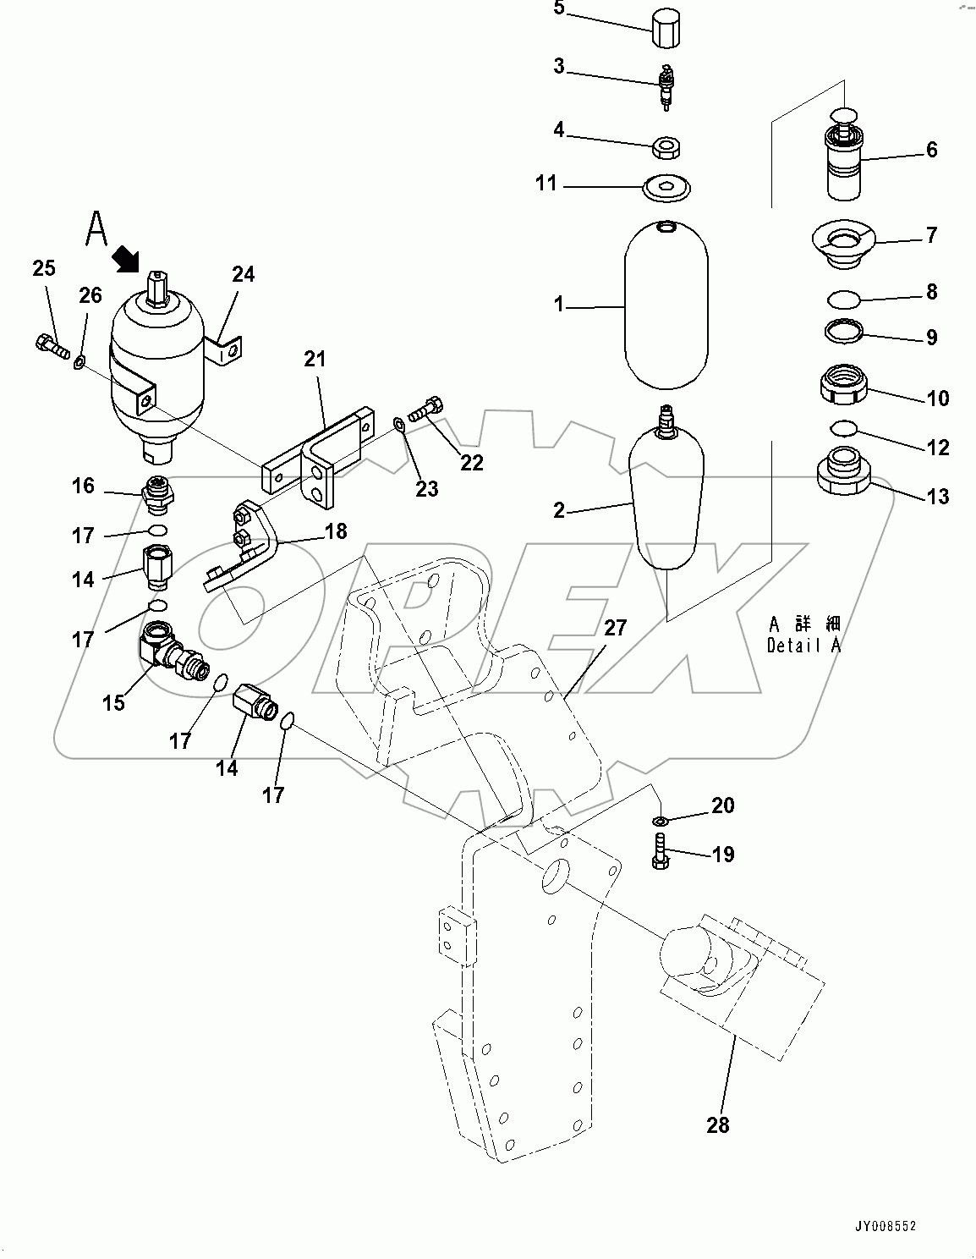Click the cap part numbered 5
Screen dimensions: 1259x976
coord(667,32)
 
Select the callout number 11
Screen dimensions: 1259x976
coord(546,183)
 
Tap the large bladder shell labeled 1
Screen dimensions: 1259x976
coord(666,306)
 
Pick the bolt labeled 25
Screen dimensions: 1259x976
coord(52,346)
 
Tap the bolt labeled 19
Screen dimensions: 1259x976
coord(661,849)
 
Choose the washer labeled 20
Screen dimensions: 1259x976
coord(660,821)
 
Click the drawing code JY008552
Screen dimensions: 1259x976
coord(884,1226)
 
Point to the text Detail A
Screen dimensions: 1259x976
coord(803,646)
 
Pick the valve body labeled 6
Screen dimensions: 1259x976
coord(842,161)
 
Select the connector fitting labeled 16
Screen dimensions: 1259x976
coord(158,495)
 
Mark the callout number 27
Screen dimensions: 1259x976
coord(615,628)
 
